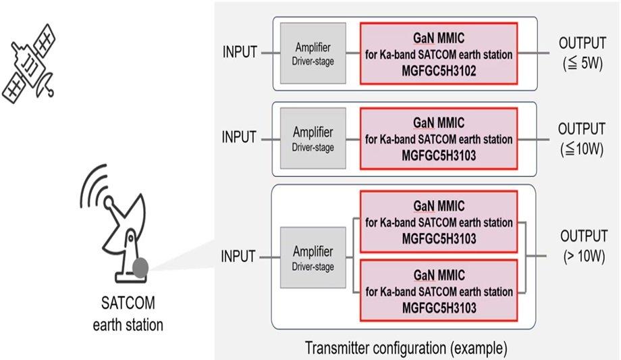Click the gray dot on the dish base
141,268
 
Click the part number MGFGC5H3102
439,70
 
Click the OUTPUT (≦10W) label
581,138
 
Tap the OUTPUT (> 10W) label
581,246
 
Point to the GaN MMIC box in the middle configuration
439,138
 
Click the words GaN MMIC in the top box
439,37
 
